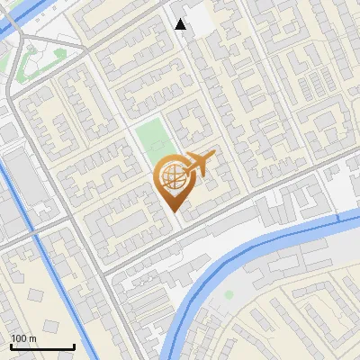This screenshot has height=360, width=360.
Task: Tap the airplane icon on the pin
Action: coord(199,164)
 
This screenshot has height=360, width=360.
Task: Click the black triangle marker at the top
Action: coord(181,24)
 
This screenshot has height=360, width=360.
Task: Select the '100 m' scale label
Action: coord(23,338)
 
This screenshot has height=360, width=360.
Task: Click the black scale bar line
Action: coord(42,346)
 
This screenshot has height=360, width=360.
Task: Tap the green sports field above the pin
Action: coord(151,138)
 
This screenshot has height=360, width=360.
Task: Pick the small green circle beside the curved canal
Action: coord(229,294)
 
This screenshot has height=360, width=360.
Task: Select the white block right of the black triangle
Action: coord(200,22)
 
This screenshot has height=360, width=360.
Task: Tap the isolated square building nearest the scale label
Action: coord(36,295)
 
